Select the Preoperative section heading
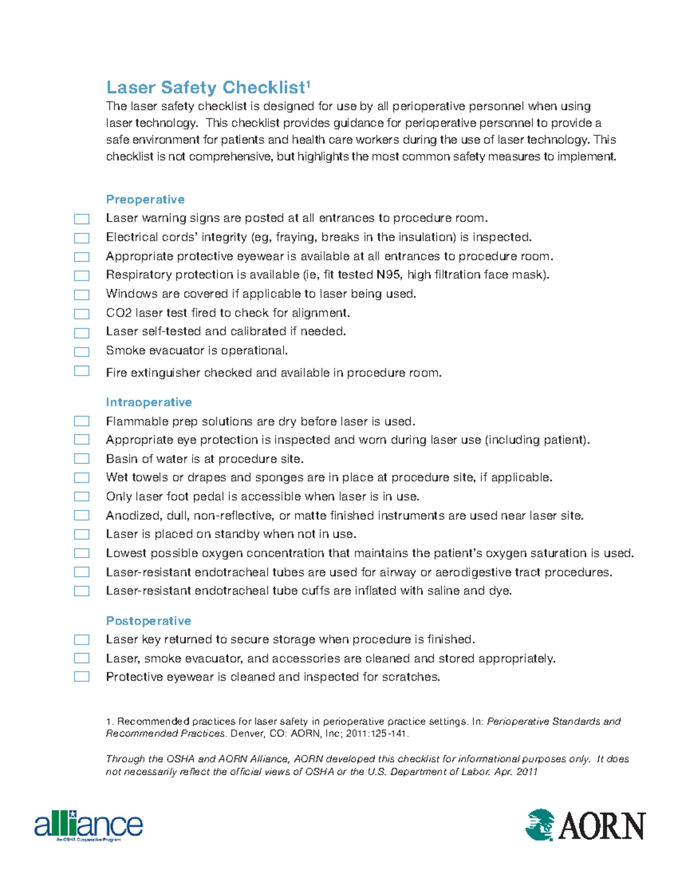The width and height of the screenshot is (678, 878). point(145,200)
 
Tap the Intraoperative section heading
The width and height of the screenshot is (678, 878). point(149,403)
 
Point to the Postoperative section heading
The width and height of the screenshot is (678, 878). point(149,621)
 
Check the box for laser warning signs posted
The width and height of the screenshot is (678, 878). point(82,219)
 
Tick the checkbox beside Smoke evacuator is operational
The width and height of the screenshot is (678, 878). point(82,352)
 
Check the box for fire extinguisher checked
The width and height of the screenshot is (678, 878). point(82,371)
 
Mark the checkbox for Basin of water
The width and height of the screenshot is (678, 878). point(82,459)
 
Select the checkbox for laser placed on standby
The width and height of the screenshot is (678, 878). point(82,534)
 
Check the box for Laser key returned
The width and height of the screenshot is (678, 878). point(82,639)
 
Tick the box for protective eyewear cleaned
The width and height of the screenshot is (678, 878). point(82,677)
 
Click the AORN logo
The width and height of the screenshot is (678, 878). point(586,825)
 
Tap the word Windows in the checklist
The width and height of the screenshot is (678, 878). point(126,294)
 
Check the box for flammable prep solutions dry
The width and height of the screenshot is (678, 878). point(82,421)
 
